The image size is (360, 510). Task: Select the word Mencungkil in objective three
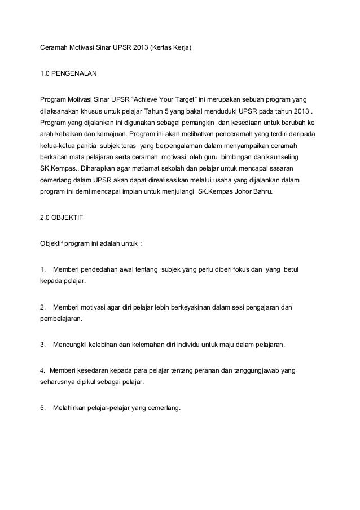(71, 344)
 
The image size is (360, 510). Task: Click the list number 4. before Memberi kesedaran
(42, 371)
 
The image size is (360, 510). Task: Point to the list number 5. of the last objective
(42, 409)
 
